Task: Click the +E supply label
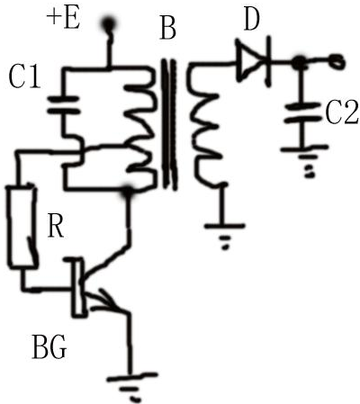pyautogui.click(x=63, y=20)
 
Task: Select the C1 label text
pyautogui.click(x=24, y=76)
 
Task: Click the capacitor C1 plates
pyautogui.click(x=63, y=105)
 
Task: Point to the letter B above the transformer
pyautogui.click(x=167, y=29)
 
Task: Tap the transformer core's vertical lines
pyautogui.click(x=169, y=124)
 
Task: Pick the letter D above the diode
pyautogui.click(x=251, y=20)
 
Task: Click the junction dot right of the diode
pyautogui.click(x=298, y=63)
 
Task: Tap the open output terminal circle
pyautogui.click(x=337, y=61)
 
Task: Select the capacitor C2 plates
pyautogui.click(x=302, y=112)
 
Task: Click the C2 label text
pyautogui.click(x=342, y=113)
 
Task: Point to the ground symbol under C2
pyautogui.click(x=304, y=161)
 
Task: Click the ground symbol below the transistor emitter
pyautogui.click(x=131, y=386)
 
